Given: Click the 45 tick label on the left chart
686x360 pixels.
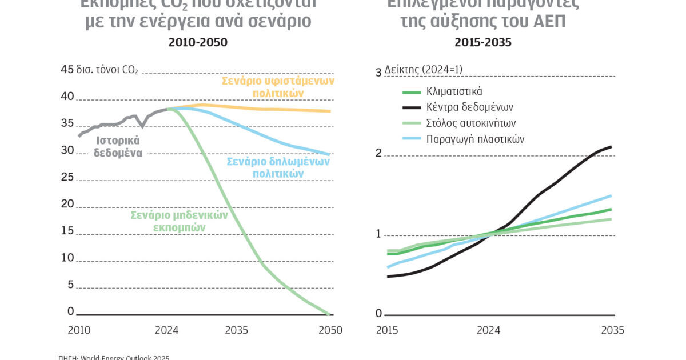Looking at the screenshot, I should pos(67,70).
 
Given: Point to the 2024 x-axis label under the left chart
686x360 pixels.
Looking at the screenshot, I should pos(166,330).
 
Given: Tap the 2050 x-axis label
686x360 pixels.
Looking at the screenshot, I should pos(330,330).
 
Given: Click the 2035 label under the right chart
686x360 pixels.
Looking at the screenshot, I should pos(612,330).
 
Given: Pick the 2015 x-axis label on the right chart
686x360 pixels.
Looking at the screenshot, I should pos(387,330).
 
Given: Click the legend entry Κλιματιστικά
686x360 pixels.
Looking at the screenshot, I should pos(454,91).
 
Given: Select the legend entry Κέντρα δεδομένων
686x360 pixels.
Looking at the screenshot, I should pos(470,107).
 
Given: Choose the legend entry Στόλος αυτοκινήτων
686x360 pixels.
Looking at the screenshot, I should pos(471,123).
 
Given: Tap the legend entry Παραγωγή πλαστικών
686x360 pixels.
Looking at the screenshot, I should pos(475,139).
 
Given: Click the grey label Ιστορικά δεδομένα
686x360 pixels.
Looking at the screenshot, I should pos(118,146).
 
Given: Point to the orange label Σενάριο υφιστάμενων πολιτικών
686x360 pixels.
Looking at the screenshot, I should pos(278,86).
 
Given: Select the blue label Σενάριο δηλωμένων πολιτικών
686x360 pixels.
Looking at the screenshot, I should pos(278,167).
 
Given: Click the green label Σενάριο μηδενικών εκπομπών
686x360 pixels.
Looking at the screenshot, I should pos(179,221).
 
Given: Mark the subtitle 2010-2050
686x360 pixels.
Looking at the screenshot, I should pos(197,42).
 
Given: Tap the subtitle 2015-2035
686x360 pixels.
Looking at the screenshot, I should pos(483,42).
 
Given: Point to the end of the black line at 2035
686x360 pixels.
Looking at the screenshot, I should pos(611,147).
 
